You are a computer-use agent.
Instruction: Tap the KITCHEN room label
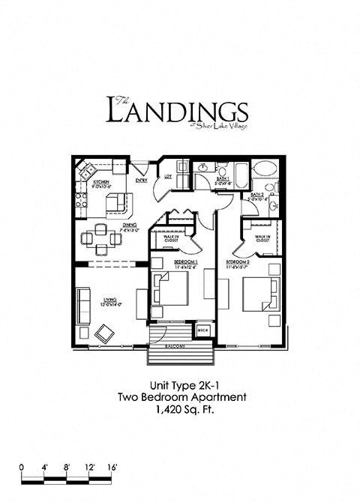pos(101,182)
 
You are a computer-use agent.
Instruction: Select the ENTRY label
pos(141,180)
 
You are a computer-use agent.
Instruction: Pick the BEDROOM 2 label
pos(239,262)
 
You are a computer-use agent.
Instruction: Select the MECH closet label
pos(202,330)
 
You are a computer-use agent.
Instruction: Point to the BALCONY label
pos(174,349)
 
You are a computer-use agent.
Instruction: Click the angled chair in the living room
pos(103,329)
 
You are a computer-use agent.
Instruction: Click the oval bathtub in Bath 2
pos(264,169)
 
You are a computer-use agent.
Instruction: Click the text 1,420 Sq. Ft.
pos(179,410)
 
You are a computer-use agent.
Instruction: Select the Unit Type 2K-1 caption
pos(179,385)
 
